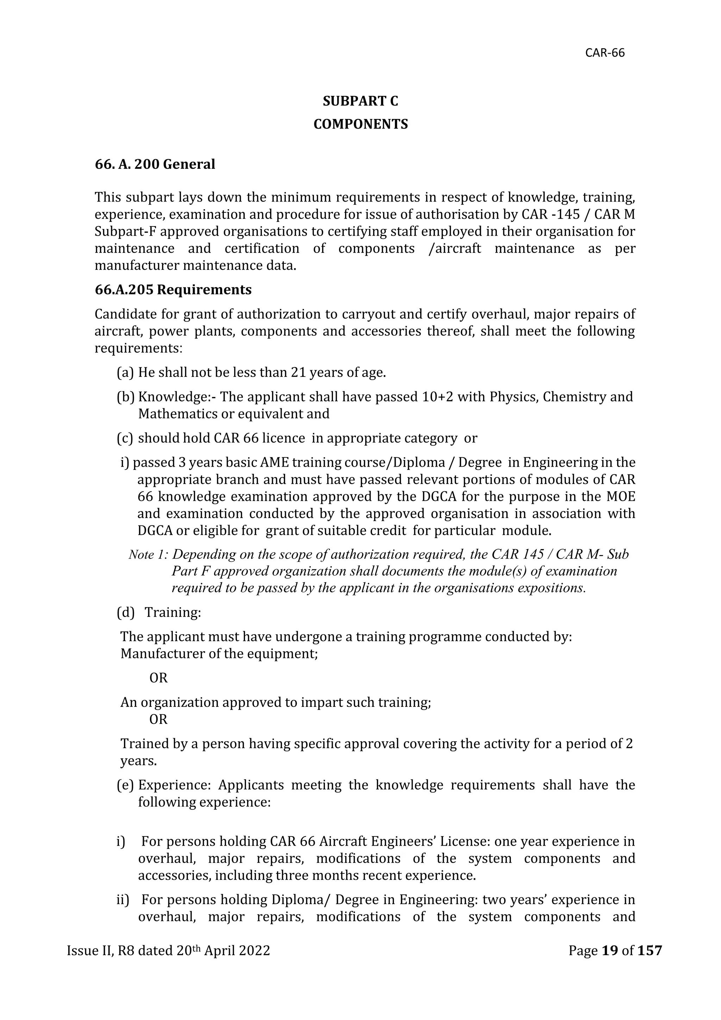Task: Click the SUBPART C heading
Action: click(360, 101)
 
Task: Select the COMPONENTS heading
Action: click(360, 124)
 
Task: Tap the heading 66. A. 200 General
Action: click(155, 164)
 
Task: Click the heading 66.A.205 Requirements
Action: click(173, 290)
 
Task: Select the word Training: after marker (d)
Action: click(173, 612)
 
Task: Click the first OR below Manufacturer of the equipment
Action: click(158, 678)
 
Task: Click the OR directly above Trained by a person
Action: click(158, 719)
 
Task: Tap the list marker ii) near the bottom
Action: click(122, 900)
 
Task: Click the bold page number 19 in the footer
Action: click(610, 950)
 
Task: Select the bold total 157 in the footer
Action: click(650, 950)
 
